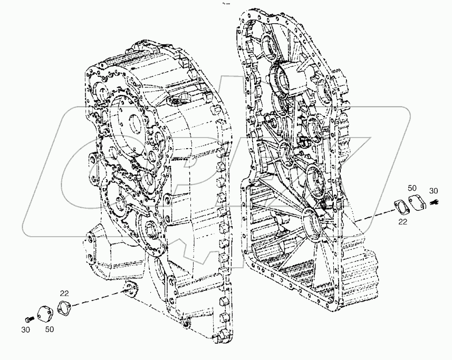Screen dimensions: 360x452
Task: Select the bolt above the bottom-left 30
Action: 30,318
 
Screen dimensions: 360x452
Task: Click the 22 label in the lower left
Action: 64,294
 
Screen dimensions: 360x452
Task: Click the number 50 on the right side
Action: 412,188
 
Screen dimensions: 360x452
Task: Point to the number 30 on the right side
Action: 434,191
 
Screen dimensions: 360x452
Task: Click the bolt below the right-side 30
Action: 435,202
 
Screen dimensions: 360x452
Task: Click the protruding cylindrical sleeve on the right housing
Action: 289,79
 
